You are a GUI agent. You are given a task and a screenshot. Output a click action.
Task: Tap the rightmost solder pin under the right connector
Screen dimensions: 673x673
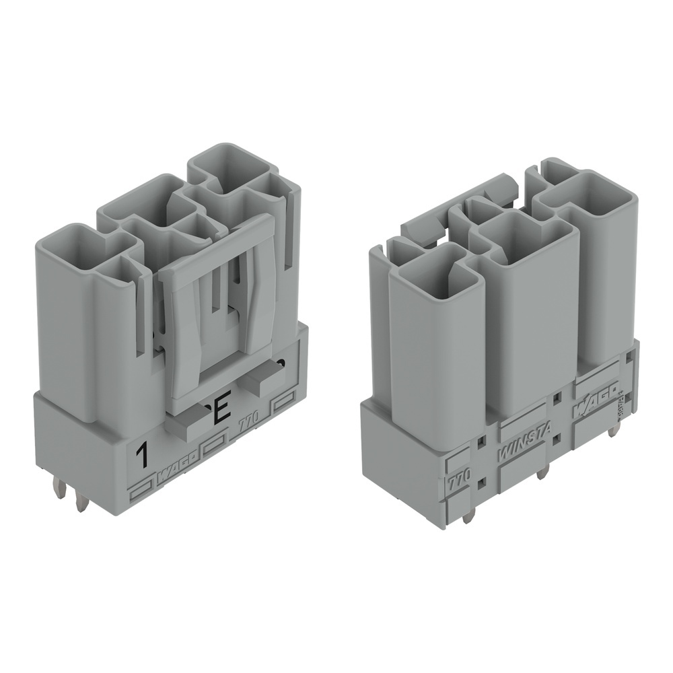click(x=613, y=429)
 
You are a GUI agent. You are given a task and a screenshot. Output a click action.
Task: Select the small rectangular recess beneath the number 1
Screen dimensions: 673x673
click(x=141, y=491)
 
